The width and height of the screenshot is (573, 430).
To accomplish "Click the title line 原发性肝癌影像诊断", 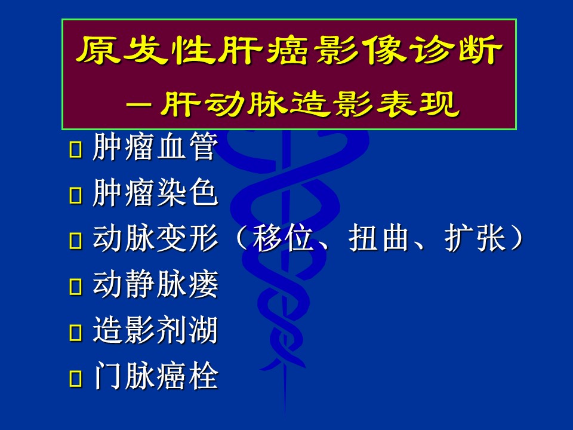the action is [289, 50].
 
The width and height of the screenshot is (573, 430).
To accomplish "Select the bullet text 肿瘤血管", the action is [155, 147].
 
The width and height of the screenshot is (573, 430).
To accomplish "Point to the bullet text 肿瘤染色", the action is [155, 193].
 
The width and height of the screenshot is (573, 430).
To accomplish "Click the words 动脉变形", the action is [155, 238].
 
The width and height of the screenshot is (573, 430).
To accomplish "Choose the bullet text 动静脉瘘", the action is [155, 284].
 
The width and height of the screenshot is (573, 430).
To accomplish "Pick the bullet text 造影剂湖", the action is [155, 330].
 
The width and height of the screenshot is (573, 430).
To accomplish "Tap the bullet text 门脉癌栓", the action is [155, 376].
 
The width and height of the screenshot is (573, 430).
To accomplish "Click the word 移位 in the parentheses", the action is [284, 238].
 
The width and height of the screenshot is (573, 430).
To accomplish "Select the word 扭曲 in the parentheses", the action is [378, 238].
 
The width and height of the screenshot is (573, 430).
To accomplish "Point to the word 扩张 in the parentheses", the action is [475, 238].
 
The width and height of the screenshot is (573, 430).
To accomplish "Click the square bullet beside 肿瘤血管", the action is [75, 149].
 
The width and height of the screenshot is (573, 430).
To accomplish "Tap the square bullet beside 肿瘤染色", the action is [75, 195].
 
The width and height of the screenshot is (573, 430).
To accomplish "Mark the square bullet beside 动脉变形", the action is [75, 241].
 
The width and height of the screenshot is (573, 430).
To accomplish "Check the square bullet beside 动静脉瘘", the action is [75, 287].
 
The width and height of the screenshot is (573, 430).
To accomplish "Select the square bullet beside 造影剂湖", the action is [75, 333].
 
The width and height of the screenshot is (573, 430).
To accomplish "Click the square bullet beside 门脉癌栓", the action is [75, 378].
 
